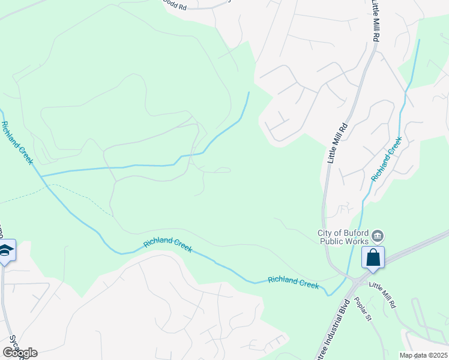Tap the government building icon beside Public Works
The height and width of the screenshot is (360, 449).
click(378, 235)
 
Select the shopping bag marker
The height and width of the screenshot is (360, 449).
click(373, 257)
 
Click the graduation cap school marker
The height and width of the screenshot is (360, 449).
click(5, 250)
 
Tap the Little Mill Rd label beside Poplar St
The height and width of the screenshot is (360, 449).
click(382, 296)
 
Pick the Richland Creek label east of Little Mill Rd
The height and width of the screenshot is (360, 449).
click(386, 159)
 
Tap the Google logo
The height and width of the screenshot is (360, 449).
click(20, 353)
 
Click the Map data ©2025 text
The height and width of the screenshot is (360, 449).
click(423, 355)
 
